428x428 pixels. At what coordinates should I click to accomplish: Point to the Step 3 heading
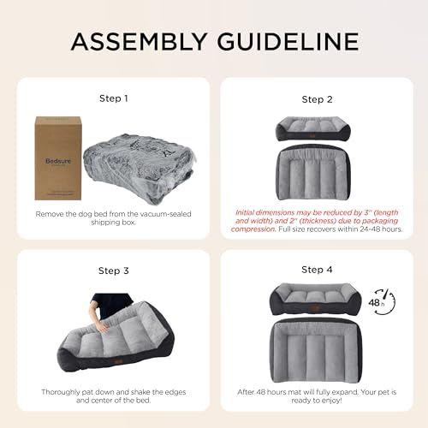click(113, 270)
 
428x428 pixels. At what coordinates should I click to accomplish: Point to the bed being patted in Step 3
click(120, 338)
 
